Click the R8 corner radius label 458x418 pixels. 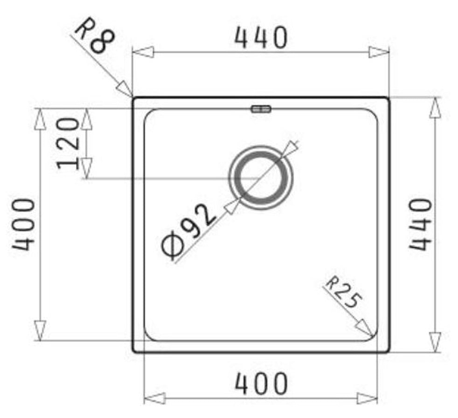[95, 36]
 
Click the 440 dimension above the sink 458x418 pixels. [260, 38]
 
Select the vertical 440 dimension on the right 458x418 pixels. [420, 224]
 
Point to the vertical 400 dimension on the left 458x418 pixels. [23, 225]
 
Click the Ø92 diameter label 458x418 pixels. [188, 233]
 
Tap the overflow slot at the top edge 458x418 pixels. [261, 109]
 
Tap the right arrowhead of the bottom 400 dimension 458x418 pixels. [367, 398]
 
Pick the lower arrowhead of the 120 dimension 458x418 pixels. [86, 168]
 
